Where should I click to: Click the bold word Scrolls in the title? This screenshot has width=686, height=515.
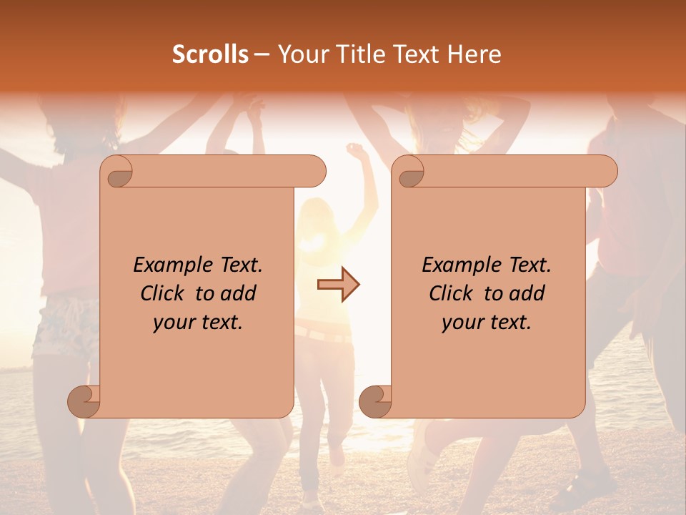pos(211,54)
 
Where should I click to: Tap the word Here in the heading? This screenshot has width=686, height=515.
pos(474,54)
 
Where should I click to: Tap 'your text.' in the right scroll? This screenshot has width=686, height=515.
pos(487,322)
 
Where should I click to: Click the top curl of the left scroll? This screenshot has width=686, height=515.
pos(117,172)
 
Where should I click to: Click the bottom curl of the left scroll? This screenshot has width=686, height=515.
pos(84,401)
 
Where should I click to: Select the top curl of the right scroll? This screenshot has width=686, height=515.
pos(409,172)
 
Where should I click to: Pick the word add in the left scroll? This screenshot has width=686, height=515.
pos(239,293)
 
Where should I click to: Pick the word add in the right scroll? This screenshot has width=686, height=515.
pos(528,293)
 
